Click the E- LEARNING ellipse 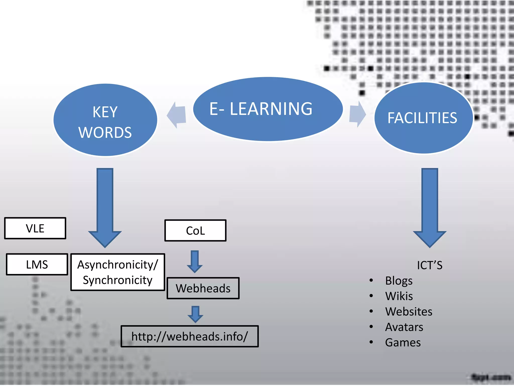coord(268,109)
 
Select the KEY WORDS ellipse coord(105,120)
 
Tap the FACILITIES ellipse coord(423,118)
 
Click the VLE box coord(35,228)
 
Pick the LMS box coord(37,264)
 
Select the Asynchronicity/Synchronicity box coord(117,272)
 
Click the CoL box coord(195,230)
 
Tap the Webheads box coord(203,288)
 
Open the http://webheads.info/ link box coord(189,336)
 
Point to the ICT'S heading coord(429,265)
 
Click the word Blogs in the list coord(399,281)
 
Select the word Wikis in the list coord(399,296)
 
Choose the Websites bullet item coord(409,312)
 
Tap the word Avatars coord(404,327)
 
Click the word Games coord(403,343)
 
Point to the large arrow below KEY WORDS coord(105,206)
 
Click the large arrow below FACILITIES coord(430,206)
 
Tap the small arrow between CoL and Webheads coord(195,261)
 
